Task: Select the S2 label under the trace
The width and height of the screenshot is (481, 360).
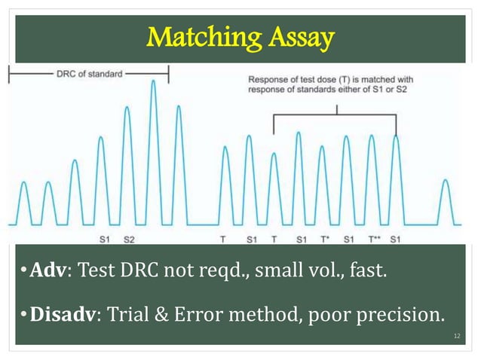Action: (x=129, y=239)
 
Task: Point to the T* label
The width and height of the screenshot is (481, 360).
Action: (x=323, y=239)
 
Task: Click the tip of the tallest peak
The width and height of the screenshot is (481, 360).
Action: (x=153, y=81)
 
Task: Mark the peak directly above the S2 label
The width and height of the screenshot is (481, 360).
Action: (x=127, y=108)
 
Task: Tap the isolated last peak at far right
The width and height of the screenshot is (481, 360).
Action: (x=446, y=182)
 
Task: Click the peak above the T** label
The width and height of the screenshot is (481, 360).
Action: (x=371, y=136)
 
